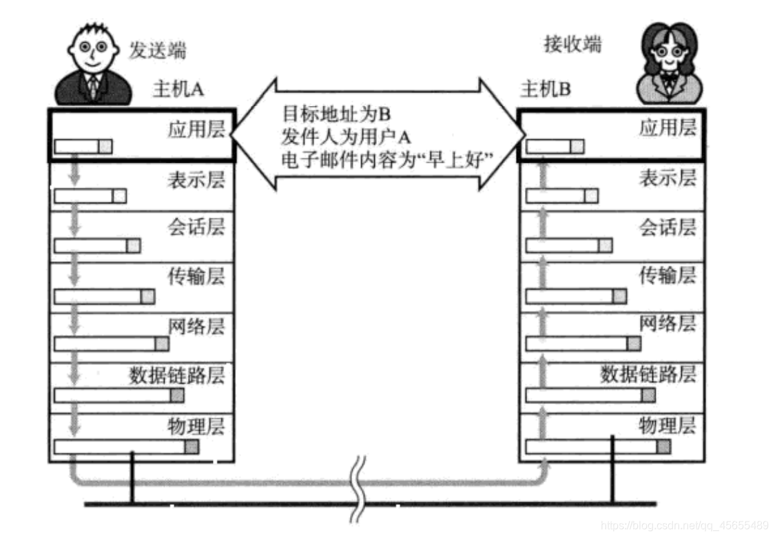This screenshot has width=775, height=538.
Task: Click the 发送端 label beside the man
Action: coord(158,50)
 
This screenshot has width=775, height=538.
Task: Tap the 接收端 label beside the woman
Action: coord(572,45)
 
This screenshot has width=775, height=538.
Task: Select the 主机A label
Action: coord(178,90)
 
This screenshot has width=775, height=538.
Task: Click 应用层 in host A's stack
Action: coord(196,129)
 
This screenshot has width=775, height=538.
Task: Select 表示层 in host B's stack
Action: coord(668,178)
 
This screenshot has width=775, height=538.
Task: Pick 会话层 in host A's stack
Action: coord(196,227)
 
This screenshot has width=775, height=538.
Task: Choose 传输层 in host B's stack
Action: coord(668,276)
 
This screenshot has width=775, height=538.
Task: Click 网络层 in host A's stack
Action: coord(196,326)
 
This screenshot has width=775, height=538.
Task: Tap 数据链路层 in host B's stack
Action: coord(648,374)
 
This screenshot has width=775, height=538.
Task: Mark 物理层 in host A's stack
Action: coord(196,424)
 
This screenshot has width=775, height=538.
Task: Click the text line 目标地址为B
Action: coord(338,113)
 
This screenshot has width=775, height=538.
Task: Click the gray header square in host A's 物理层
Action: coord(192,446)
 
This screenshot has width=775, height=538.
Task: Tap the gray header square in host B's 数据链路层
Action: coord(649,395)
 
